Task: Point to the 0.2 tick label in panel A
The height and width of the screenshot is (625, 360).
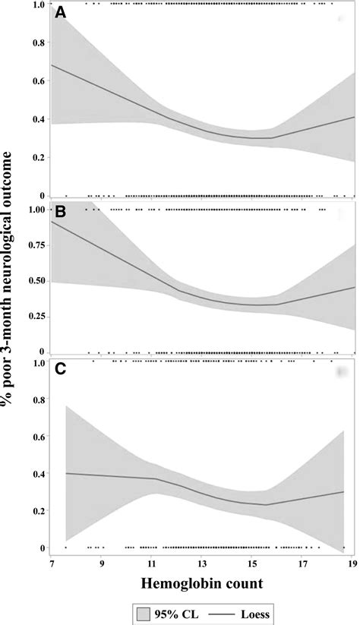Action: tap(35, 157)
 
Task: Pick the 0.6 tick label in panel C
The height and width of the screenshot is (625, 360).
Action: tap(35, 437)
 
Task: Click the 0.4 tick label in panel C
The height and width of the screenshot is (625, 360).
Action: tap(35, 474)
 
